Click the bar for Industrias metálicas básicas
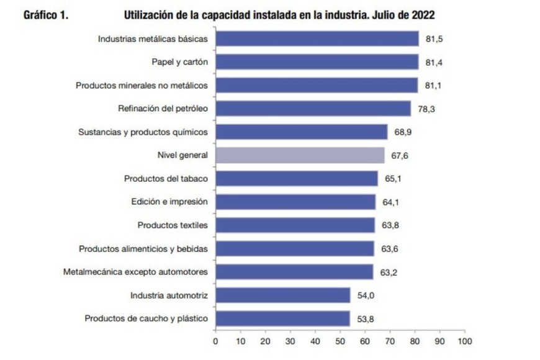coord(317,38)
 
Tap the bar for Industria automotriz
coord(282,295)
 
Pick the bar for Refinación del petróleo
coord(313,109)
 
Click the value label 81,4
coord(434,62)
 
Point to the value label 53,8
coord(366,319)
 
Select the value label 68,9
coord(403,132)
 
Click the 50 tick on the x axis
coord(340,341)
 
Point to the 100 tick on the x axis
coord(464,341)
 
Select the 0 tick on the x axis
coord(215,341)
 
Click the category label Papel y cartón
coord(179,62)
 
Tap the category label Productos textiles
coord(173,225)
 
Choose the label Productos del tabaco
coord(165,179)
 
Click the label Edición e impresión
coord(169,202)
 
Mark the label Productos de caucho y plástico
coord(146,319)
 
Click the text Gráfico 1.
coord(45,15)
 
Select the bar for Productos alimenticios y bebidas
coord(294,249)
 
